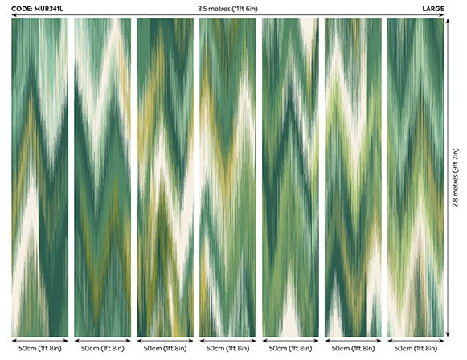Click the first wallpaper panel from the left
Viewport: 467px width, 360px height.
pos(39,177)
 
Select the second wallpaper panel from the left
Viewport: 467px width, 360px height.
pos(102,177)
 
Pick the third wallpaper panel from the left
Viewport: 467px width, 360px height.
pos(165,177)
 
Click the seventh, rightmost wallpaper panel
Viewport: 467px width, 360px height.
pos(416,177)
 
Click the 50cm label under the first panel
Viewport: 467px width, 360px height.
pos(39,350)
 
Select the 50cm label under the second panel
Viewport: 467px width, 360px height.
pos(102,350)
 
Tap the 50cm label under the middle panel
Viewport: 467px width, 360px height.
pos(227,350)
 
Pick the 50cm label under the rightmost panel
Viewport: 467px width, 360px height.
pos(416,350)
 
